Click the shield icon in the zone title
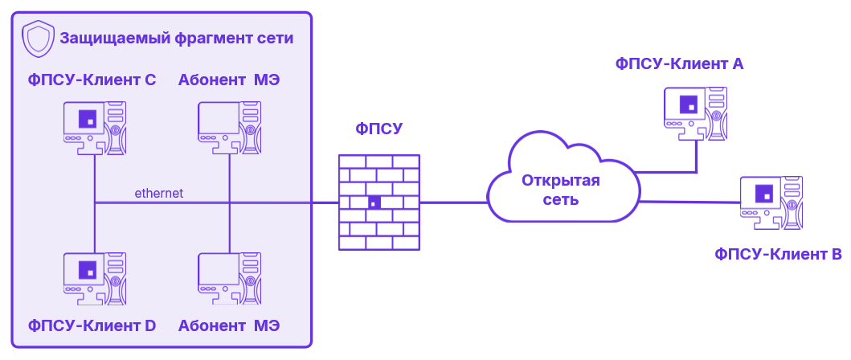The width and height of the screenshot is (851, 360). click(37, 38)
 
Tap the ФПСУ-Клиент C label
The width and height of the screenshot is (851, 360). click(92, 80)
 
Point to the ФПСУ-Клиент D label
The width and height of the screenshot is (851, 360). click(92, 325)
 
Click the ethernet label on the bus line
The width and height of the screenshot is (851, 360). click(159, 193)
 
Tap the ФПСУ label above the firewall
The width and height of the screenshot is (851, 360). click(379, 129)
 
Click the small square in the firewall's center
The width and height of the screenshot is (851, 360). click(374, 202)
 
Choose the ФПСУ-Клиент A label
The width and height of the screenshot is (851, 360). click(678, 64)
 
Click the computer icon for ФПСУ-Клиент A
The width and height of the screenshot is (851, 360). click(696, 112)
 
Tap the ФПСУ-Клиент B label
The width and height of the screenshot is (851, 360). click(778, 256)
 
